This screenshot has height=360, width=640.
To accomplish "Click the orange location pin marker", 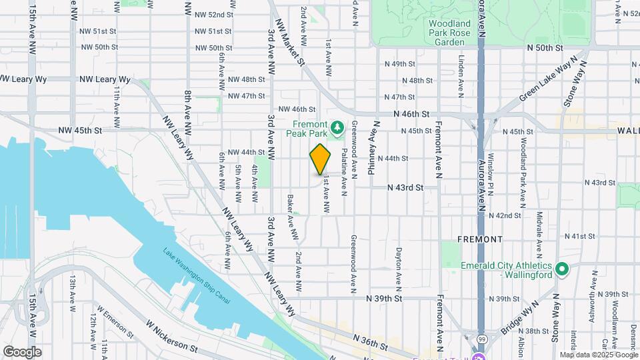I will pos(321,159).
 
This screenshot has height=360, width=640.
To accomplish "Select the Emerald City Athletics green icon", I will pos(561,270).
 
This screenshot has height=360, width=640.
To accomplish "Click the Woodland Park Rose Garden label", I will pos(449,32).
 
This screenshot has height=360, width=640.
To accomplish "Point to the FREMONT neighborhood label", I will pos(479,239).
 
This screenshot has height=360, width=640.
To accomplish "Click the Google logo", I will pos(22,351).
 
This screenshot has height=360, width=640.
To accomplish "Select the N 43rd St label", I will pos(406,188).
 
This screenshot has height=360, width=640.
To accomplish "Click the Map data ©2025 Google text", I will pos(597,355).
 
